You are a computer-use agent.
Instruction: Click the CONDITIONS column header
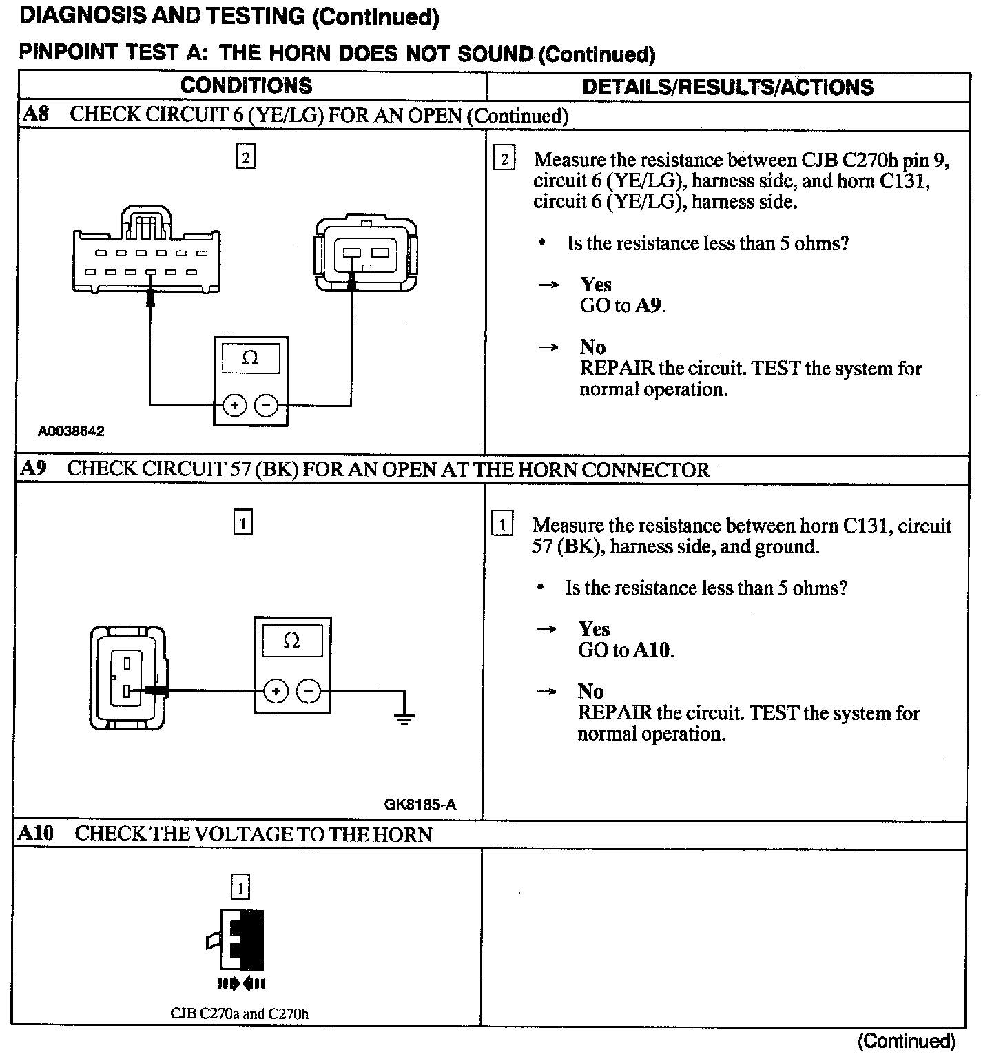tap(246, 85)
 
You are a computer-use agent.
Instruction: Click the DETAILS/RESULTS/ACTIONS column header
tap(727, 87)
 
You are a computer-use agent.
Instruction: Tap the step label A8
tap(35, 114)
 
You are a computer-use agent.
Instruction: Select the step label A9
tap(33, 468)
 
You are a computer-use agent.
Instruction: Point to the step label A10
tap(35, 834)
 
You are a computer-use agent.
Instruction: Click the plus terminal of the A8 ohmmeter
tap(234, 405)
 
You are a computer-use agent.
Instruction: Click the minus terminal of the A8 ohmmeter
tap(267, 405)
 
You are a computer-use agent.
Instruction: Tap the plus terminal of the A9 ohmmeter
tap(276, 691)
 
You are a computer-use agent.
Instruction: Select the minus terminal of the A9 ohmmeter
tap(309, 691)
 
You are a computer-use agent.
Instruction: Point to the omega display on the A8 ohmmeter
tap(250, 358)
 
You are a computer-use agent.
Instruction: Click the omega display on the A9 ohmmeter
tap(291, 641)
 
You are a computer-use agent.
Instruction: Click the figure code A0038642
tap(71, 431)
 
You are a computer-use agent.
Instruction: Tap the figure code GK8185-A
tap(420, 804)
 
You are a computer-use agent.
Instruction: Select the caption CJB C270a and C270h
tap(239, 1013)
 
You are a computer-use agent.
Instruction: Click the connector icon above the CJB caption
tap(240, 940)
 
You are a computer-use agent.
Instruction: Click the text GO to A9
tap(622, 305)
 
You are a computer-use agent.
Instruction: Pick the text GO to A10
tap(626, 650)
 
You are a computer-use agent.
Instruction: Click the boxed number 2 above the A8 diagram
tap(245, 158)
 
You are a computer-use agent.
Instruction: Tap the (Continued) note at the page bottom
tap(907, 1040)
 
